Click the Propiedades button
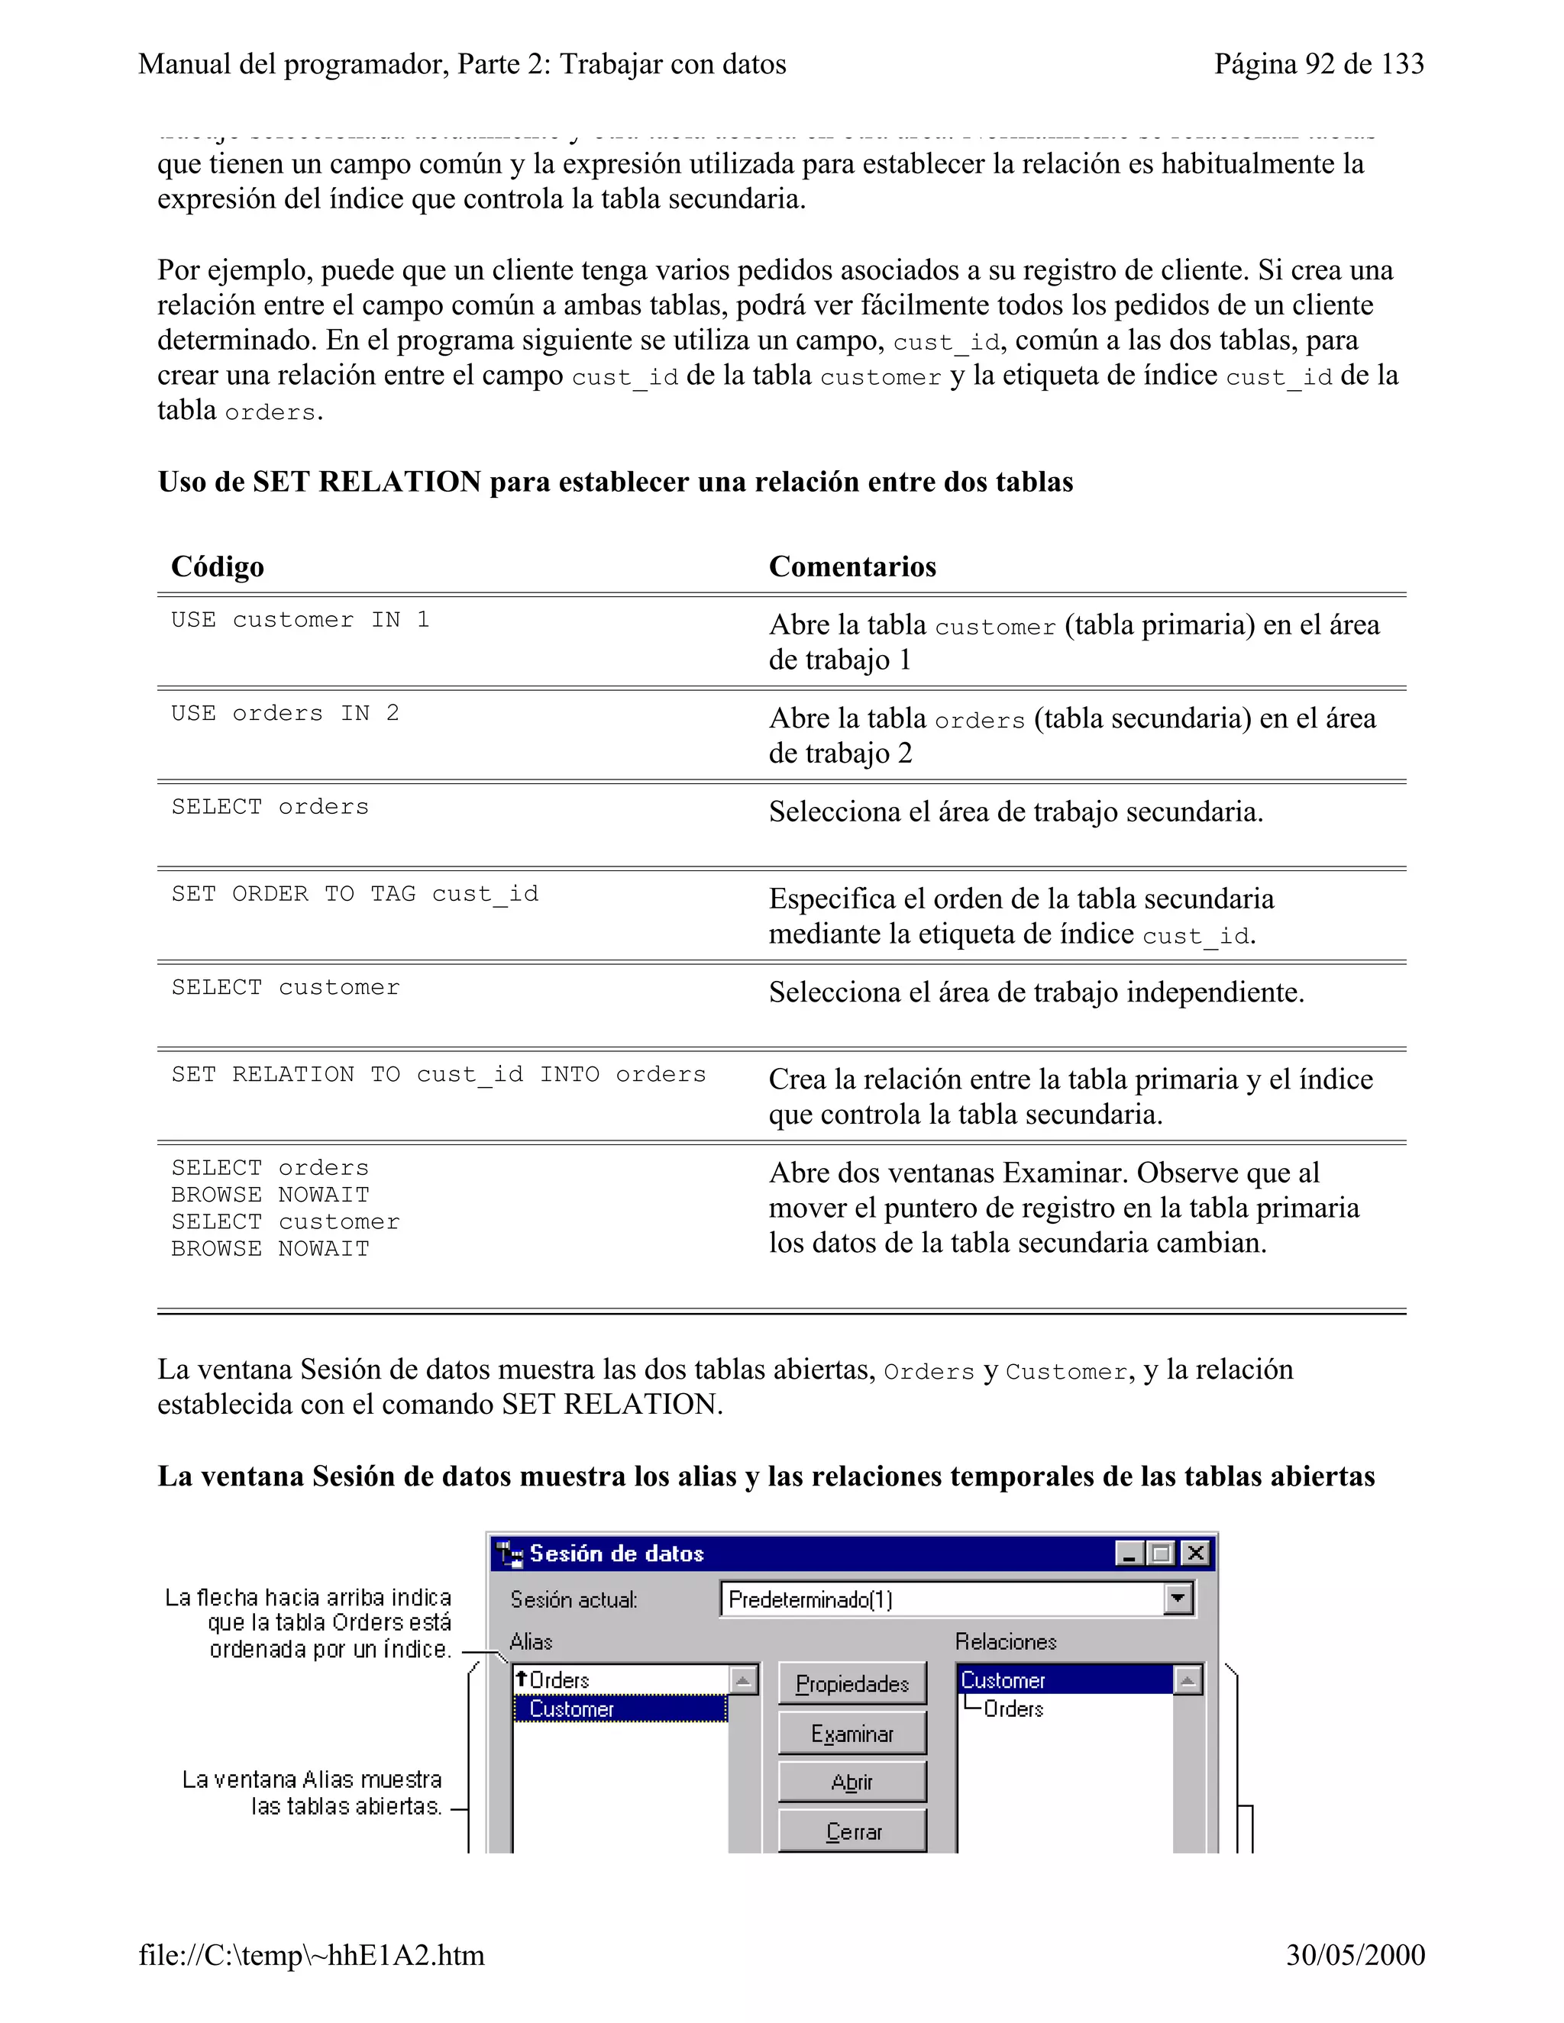pyautogui.click(x=851, y=1683)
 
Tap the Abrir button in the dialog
pyautogui.click(x=851, y=1783)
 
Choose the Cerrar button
pyautogui.click(x=851, y=1831)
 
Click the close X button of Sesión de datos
pyautogui.click(x=1195, y=1554)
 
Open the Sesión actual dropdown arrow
pyautogui.click(x=1177, y=1599)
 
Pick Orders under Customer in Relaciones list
pyautogui.click(x=1013, y=1709)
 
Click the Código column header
pyautogui.click(x=218, y=566)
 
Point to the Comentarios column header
pyautogui.click(x=851, y=566)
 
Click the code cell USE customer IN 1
pyautogui.click(x=300, y=620)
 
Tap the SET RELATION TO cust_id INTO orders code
pyautogui.click(x=438, y=1075)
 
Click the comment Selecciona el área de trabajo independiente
pyautogui.click(x=1036, y=992)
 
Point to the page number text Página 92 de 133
pyautogui.click(x=1318, y=64)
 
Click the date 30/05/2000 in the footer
pyautogui.click(x=1355, y=1954)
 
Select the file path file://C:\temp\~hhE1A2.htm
pyautogui.click(x=312, y=1954)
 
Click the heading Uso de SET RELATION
pyautogui.click(x=616, y=482)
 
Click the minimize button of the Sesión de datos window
pyautogui.click(x=1128, y=1554)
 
